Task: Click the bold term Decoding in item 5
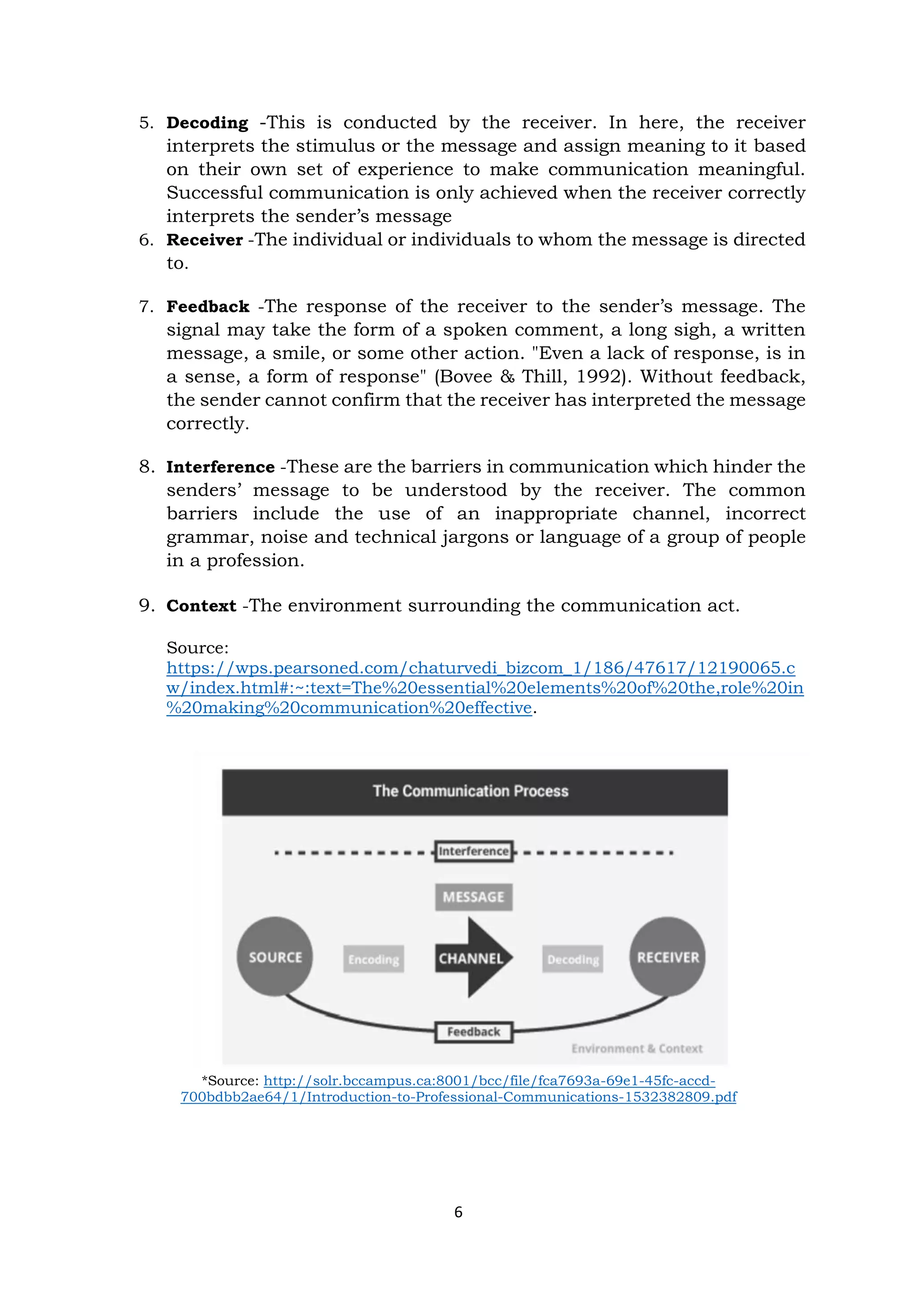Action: [207, 123]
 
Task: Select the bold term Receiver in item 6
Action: [205, 240]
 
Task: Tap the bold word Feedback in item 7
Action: [208, 306]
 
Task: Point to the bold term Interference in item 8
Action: [220, 467]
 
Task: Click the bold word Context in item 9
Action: [201, 606]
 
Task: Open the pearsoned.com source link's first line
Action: [480, 668]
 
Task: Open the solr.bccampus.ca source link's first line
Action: [489, 1081]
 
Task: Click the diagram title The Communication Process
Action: [470, 791]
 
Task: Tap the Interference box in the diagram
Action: [474, 851]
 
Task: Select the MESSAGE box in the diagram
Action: [473, 897]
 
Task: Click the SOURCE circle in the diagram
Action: [275, 957]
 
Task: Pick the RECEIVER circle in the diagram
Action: [668, 957]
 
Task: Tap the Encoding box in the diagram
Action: [373, 959]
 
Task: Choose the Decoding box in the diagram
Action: [573, 959]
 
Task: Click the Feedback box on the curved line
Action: [473, 1031]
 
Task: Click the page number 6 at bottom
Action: [458, 1212]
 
